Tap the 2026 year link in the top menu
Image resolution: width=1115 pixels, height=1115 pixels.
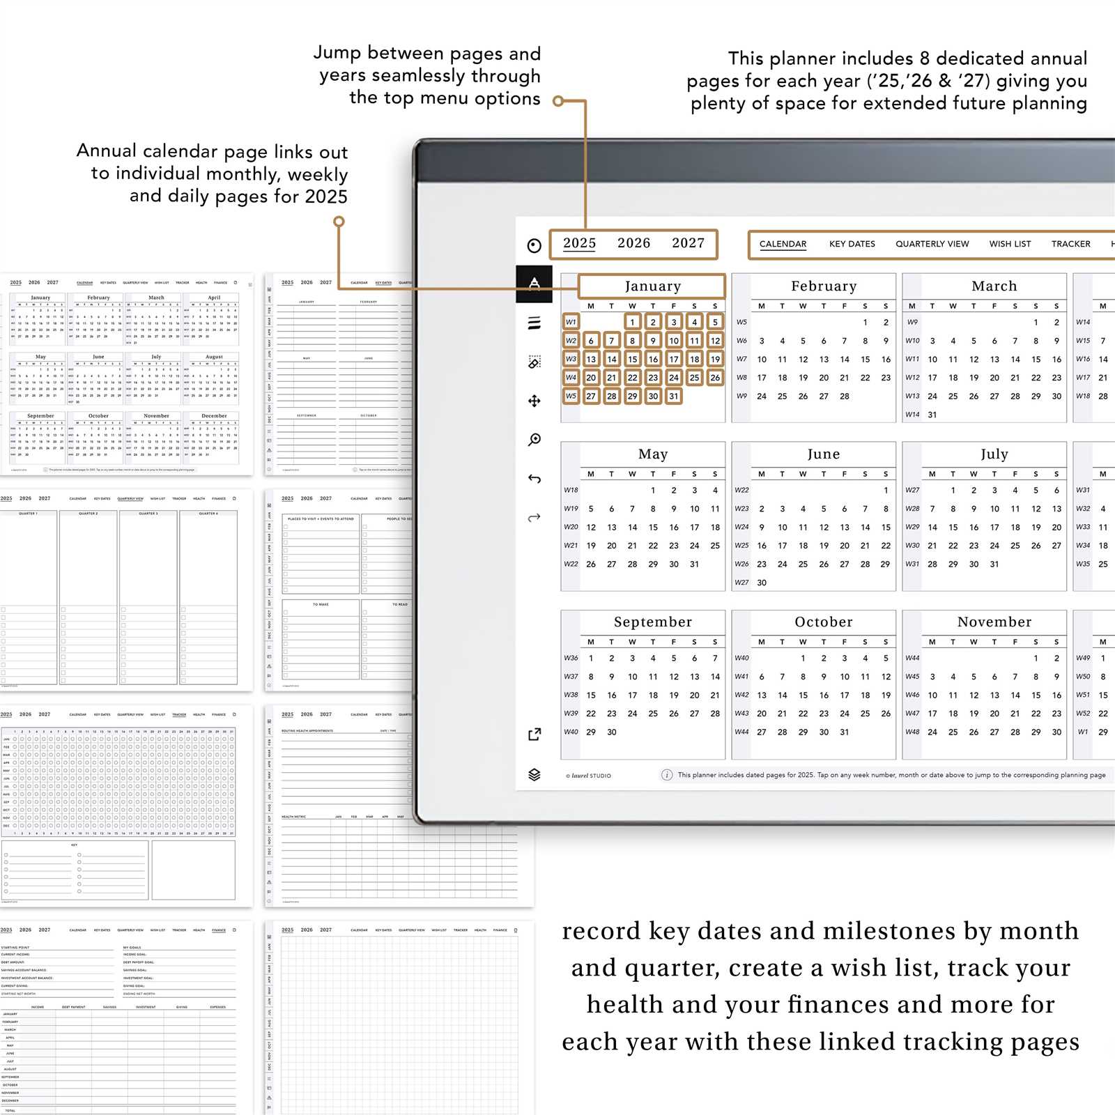(633, 243)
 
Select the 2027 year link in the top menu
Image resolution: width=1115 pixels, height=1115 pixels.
(688, 243)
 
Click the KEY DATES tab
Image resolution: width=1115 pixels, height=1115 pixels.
(852, 244)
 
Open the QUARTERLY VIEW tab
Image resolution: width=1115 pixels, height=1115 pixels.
(932, 244)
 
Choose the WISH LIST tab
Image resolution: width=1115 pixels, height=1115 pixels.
(1010, 244)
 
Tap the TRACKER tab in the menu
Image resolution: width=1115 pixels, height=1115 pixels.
(1070, 244)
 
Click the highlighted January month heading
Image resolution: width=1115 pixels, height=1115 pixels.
(652, 286)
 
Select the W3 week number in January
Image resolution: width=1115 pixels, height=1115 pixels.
(571, 359)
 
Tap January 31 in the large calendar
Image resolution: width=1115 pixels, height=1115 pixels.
(673, 396)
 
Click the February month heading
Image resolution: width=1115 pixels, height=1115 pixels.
(823, 286)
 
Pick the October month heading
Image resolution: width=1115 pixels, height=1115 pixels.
(823, 622)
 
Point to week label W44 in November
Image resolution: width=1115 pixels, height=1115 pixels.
(912, 658)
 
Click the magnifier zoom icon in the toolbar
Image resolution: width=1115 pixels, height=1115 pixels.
(535, 439)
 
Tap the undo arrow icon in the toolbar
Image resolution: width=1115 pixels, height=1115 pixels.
(535, 479)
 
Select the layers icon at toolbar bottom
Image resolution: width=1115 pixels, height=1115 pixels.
(535, 774)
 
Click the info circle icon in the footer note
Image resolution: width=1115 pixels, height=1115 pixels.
(666, 775)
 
